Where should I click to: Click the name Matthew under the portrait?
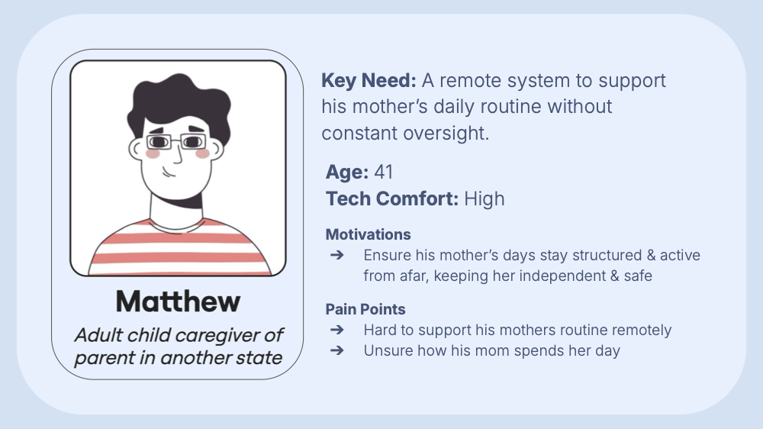pyautogui.click(x=178, y=302)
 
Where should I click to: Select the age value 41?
pyautogui.click(x=383, y=172)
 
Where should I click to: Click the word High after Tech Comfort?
pyautogui.click(x=484, y=199)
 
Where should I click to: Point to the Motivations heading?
pyautogui.click(x=368, y=234)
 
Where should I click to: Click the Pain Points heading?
pyautogui.click(x=365, y=309)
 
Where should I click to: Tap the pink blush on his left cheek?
pyautogui.click(x=153, y=153)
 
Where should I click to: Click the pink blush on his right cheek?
pyautogui.click(x=202, y=153)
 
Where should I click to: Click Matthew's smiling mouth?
pyautogui.click(x=174, y=174)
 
